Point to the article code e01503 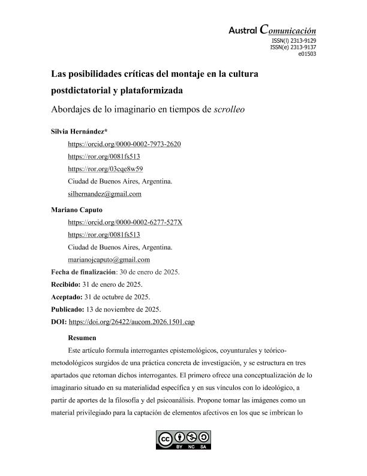click(x=307, y=53)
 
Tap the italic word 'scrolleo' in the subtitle click(x=229, y=111)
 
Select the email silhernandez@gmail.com click(x=105, y=194)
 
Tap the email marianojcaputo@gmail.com click(x=109, y=260)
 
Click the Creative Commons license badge click(x=183, y=440)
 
